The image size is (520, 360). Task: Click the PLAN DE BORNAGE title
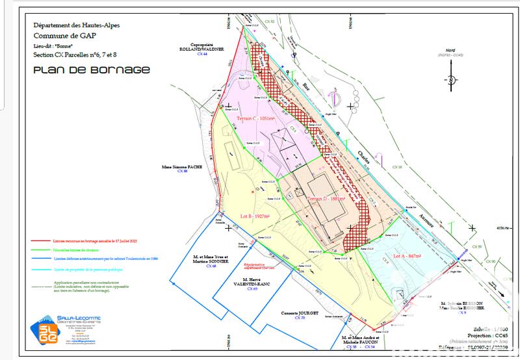pos(91,69)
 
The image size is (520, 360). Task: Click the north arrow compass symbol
pos(448,80)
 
